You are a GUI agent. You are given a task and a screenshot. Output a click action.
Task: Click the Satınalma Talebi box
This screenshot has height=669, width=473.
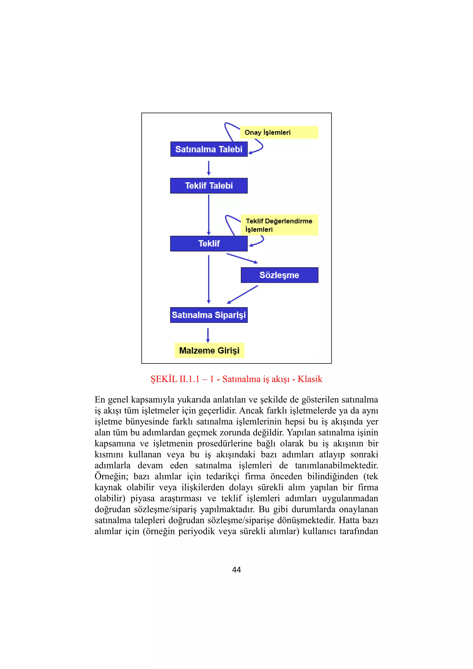[209, 149]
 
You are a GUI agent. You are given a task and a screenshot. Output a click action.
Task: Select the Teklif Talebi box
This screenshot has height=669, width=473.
[209, 186]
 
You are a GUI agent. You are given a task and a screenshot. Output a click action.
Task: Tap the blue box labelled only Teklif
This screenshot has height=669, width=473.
[209, 244]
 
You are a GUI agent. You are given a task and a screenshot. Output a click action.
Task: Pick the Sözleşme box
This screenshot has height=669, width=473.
[279, 275]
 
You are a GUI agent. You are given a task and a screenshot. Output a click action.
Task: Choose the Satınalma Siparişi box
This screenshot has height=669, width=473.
[209, 315]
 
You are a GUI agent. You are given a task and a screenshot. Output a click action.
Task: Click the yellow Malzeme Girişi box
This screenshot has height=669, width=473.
[209, 350]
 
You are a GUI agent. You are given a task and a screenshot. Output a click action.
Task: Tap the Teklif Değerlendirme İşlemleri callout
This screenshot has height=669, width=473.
[279, 225]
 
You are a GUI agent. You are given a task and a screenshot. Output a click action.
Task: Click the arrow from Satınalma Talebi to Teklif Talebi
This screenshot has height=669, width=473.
[209, 168]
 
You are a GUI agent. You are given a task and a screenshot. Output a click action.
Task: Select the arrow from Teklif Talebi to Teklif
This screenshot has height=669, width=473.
[209, 215]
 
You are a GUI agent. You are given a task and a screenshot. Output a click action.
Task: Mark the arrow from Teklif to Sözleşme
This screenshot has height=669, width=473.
[242, 258]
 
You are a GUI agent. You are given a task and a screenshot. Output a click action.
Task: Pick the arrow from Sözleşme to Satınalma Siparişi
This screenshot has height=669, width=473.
[243, 295]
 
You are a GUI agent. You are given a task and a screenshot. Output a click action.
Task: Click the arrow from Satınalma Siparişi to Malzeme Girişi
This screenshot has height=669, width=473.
[208, 335]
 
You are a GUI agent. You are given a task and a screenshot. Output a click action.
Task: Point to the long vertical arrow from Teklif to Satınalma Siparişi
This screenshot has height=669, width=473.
[209, 279]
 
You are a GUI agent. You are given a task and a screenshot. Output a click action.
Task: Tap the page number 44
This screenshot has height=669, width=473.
[236, 570]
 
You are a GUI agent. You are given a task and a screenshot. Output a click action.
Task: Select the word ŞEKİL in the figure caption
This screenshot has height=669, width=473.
[164, 379]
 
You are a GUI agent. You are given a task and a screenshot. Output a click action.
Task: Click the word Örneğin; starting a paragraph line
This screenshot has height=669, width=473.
[111, 476]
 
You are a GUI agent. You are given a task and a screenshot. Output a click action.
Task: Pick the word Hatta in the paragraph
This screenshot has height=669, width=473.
[349, 520]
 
